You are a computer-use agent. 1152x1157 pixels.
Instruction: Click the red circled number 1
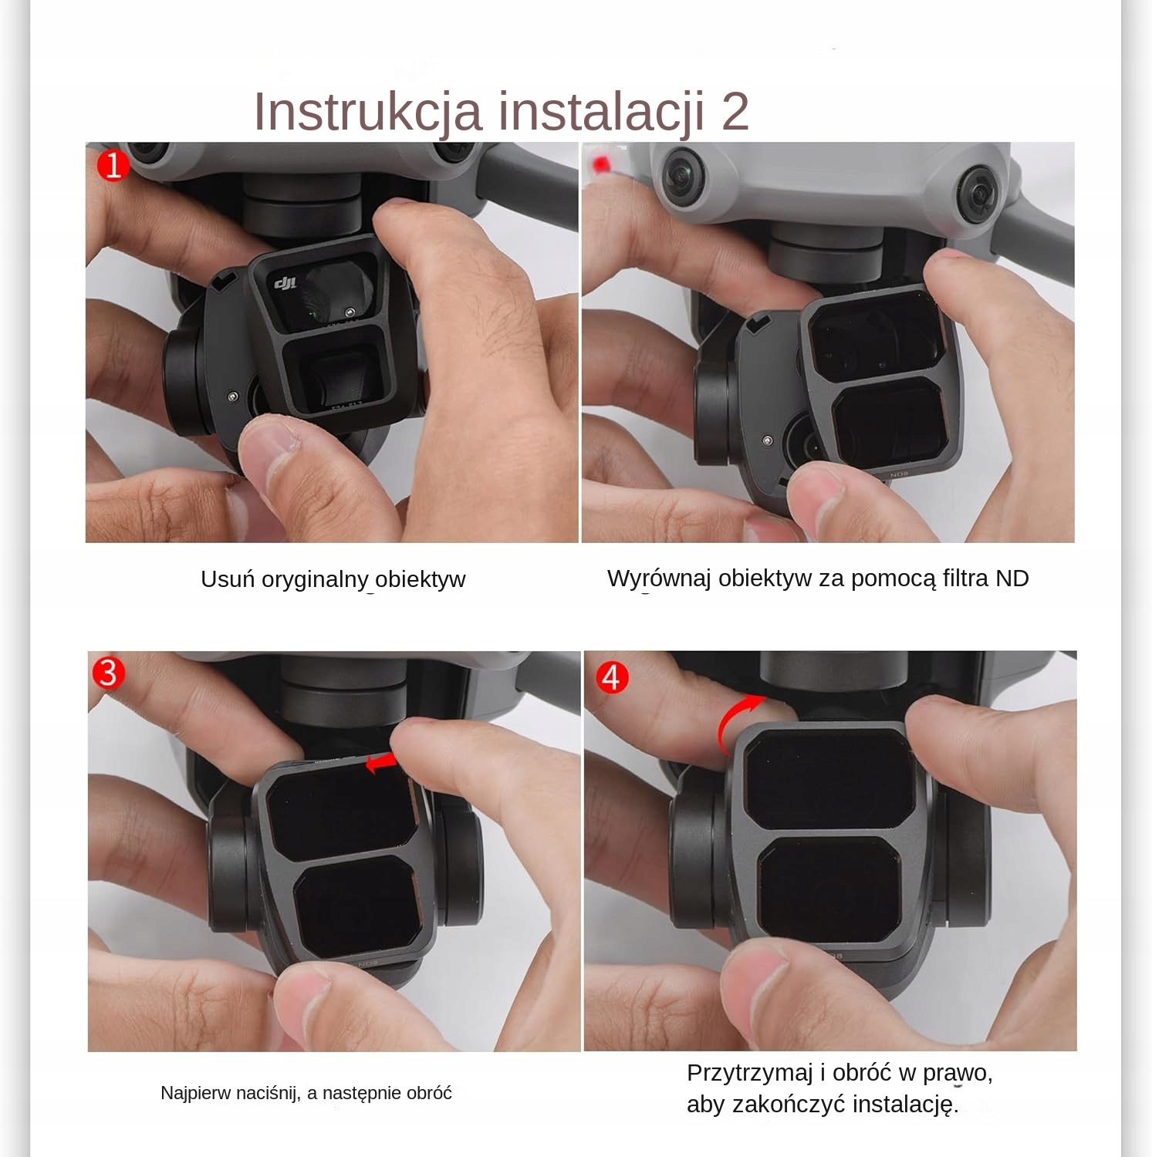(x=113, y=165)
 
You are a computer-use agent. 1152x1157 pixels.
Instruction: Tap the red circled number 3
(x=107, y=672)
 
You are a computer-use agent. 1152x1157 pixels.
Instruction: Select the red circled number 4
(x=612, y=677)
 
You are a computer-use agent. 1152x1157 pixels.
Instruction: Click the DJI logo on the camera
(x=286, y=284)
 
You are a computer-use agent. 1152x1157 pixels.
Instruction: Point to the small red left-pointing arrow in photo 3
(x=380, y=763)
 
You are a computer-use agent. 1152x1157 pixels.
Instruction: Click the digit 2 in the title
(x=735, y=111)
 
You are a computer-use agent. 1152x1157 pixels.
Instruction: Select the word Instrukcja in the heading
(x=368, y=112)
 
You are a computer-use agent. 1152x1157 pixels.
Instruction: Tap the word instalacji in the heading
(x=602, y=111)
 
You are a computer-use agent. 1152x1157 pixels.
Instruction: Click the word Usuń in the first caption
(x=228, y=578)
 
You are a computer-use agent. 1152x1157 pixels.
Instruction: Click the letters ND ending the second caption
(x=1012, y=578)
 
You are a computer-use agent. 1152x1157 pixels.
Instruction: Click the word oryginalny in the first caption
(x=315, y=579)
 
